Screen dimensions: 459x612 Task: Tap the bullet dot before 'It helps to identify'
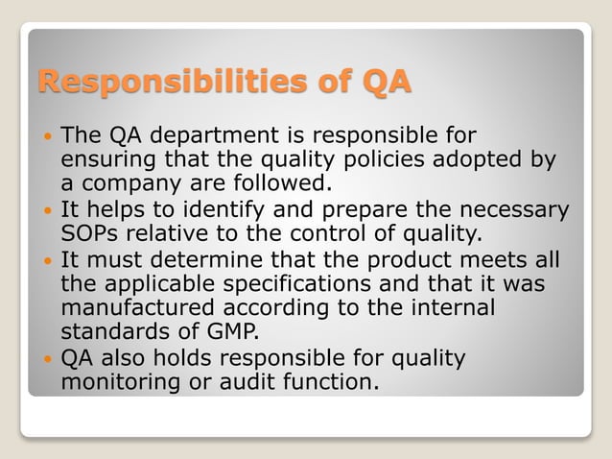tap(48, 209)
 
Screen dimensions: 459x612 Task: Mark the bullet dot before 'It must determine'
tap(48, 260)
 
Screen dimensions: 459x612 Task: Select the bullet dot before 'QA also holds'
tap(48, 359)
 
